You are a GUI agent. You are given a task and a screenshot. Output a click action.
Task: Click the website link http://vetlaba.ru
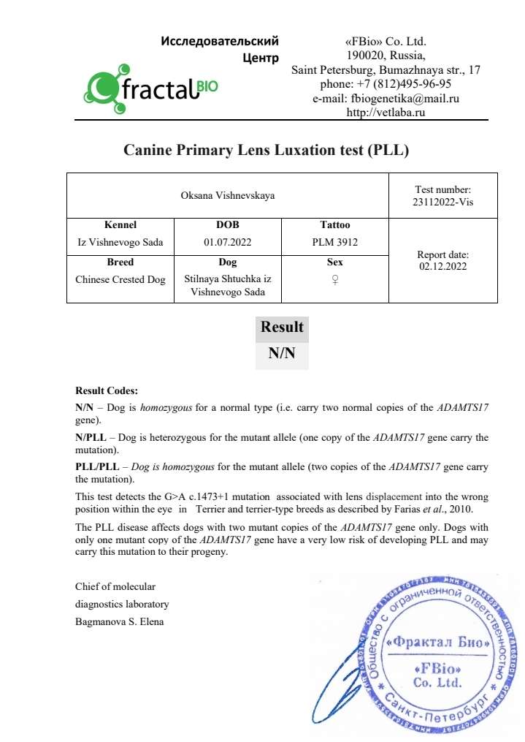tap(386, 112)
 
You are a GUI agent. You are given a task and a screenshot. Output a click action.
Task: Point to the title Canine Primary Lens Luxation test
tap(266, 151)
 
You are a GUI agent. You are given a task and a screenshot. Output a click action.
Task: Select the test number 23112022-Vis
tap(442, 202)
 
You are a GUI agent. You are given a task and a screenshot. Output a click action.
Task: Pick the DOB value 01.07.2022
tap(228, 241)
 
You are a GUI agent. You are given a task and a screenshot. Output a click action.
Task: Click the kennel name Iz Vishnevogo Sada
tap(120, 241)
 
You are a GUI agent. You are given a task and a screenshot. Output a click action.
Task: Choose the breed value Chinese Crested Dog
tap(120, 279)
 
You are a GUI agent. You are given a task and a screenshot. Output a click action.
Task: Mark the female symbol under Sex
tap(335, 279)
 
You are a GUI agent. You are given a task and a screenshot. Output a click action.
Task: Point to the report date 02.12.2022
tap(442, 266)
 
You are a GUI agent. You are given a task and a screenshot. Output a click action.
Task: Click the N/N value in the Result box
tap(282, 354)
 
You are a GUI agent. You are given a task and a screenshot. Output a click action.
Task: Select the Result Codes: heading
tap(106, 391)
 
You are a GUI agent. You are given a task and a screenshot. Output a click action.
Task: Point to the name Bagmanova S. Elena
tap(120, 622)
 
